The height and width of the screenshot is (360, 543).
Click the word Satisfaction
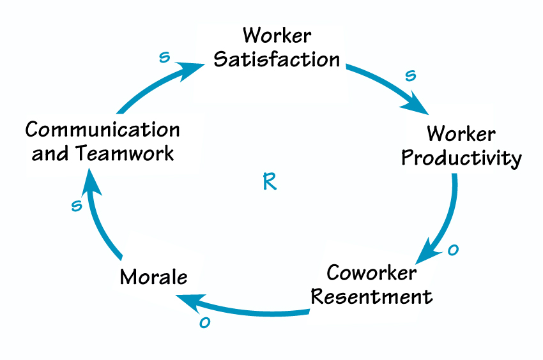[x=277, y=59]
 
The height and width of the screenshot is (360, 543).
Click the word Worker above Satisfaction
[x=276, y=35]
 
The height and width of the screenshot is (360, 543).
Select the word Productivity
[x=461, y=158]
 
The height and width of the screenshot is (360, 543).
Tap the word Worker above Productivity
[x=461, y=134]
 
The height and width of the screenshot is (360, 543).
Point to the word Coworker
[x=372, y=273]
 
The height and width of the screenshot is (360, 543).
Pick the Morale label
[x=154, y=278]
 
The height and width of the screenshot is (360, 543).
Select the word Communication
[x=102, y=130]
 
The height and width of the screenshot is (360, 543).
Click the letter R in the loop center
[x=270, y=182]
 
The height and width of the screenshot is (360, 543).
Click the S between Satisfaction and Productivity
[x=411, y=75]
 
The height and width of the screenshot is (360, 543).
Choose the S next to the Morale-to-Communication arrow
[x=77, y=205]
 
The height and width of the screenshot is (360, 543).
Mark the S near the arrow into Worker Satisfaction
[x=165, y=57]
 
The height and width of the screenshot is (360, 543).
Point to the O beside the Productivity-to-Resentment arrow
[x=453, y=250]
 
